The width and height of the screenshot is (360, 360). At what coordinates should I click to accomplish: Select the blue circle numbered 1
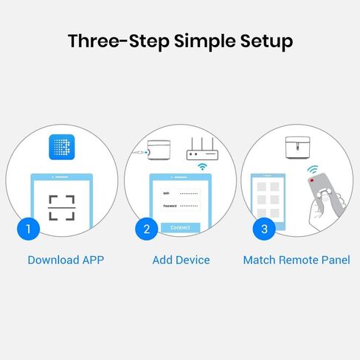[28, 229]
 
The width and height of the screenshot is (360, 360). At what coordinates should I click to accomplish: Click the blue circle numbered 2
[146, 229]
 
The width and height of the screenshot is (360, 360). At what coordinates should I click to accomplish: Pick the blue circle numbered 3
[264, 229]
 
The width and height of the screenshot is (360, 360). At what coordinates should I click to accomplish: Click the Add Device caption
[181, 260]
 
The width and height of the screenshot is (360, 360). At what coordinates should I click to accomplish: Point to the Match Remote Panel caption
[297, 260]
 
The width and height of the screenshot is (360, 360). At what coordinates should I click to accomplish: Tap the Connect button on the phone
[180, 228]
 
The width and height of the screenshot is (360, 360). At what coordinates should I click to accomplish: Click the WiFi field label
[166, 193]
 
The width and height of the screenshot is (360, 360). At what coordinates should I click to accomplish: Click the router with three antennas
[204, 150]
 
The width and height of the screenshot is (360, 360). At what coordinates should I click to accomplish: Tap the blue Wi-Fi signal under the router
[201, 167]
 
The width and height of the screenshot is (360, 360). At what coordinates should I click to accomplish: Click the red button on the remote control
[314, 181]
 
